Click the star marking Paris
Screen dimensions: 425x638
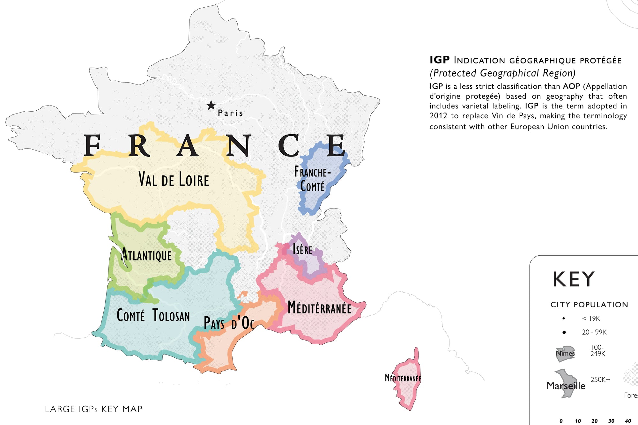point(211,105)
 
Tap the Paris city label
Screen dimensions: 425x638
point(230,113)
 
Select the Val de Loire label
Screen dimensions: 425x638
point(174,179)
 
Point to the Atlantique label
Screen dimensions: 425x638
point(147,255)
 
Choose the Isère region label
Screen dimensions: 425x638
point(302,249)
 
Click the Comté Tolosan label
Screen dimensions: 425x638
point(153,316)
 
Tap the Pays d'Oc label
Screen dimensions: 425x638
point(229,323)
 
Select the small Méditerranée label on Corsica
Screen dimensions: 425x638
point(403,378)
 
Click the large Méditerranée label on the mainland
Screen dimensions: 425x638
point(319,308)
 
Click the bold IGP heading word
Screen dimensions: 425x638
point(439,60)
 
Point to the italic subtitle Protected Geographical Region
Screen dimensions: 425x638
point(502,73)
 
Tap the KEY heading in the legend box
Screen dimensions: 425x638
point(574,279)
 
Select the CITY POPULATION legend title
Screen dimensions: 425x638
point(589,304)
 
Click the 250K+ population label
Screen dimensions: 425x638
point(600,379)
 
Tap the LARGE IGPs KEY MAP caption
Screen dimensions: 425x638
point(93,409)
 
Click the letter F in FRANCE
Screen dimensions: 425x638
point(92,146)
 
